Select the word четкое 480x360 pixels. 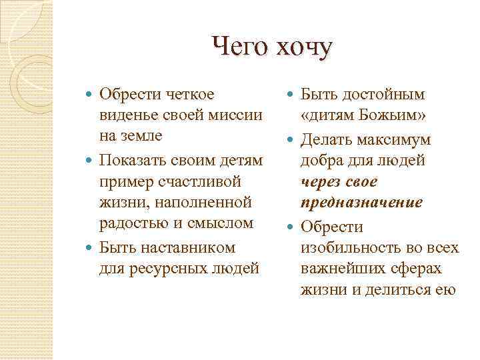pos(190,95)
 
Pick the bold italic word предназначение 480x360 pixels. pos(361,201)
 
